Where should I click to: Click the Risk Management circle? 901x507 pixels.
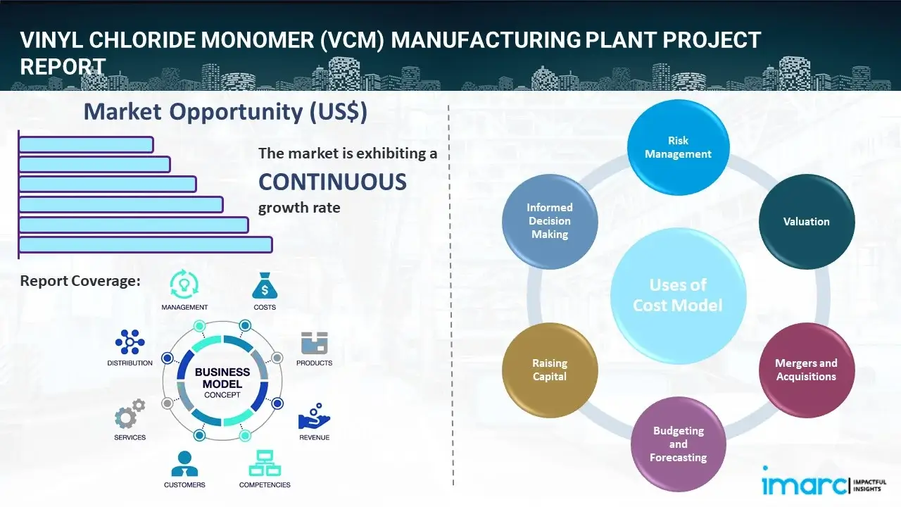click(678, 147)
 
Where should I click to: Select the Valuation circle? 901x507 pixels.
click(806, 222)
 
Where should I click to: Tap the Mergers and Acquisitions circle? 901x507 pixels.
click(806, 370)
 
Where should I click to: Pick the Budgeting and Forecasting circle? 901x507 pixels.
click(678, 444)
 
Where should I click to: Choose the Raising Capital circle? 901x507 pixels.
click(550, 370)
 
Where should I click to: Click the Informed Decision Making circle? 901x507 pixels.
click(550, 222)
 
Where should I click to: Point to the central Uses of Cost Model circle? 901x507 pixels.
click(678, 295)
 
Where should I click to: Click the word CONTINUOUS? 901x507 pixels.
click(332, 182)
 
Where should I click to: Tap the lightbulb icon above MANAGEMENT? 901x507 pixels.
click(184, 284)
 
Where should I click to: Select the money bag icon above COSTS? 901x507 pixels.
click(265, 285)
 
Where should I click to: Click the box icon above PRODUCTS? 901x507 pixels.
click(314, 344)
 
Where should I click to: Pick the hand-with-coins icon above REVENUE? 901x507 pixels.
click(314, 417)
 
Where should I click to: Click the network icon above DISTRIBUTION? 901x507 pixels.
click(130, 342)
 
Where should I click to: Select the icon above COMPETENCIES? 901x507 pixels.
click(265, 463)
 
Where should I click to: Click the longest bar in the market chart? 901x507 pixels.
click(145, 244)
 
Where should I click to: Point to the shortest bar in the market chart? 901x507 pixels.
click(86, 144)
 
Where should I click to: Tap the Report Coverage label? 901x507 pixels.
click(80, 281)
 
